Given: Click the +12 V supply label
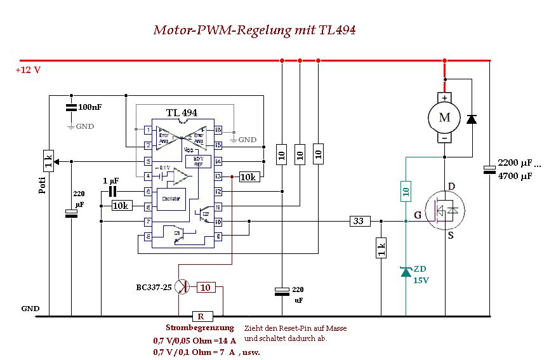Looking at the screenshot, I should click(28, 70).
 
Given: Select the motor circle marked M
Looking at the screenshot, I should click(444, 117).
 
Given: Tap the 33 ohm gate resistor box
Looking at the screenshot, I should click(359, 221).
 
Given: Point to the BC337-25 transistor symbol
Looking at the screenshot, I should click(182, 286).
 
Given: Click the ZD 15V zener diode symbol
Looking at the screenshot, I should click(406, 272).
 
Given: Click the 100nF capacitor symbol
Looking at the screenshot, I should click(71, 109).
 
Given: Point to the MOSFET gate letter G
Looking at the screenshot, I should click(417, 216).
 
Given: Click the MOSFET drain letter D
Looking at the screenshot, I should click(452, 185).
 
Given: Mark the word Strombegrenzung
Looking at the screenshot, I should click(195, 328).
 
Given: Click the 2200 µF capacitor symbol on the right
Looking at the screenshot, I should click(489, 170).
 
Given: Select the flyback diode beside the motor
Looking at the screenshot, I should click(472, 119).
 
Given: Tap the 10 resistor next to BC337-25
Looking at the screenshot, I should click(206, 287).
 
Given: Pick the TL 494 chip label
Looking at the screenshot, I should click(182, 112).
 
